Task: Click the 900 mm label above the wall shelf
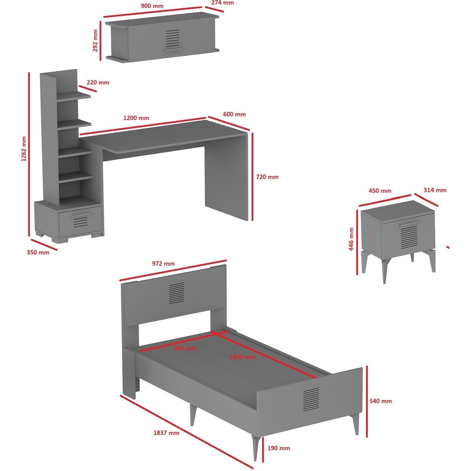(x=152, y=6)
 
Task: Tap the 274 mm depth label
(x=222, y=3)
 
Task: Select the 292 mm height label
(x=95, y=41)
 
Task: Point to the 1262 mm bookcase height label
(x=24, y=149)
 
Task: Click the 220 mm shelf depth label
(x=98, y=82)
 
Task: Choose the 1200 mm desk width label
(x=136, y=118)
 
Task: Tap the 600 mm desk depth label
(x=234, y=114)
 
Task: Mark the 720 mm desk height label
(x=267, y=177)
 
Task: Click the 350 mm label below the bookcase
(x=38, y=253)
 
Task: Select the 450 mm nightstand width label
(x=380, y=190)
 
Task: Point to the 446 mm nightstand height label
(x=351, y=239)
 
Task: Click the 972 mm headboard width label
(x=163, y=263)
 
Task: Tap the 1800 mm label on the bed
(x=242, y=357)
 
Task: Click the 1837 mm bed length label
(x=166, y=433)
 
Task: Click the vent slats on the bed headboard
(x=176, y=293)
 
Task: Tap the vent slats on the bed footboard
(x=311, y=400)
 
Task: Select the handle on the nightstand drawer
(x=409, y=224)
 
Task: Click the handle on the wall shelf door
(x=173, y=50)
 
